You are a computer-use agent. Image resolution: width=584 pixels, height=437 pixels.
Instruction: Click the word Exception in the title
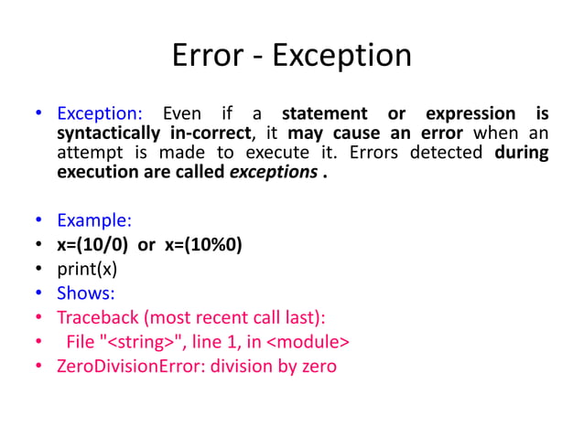[x=342, y=57]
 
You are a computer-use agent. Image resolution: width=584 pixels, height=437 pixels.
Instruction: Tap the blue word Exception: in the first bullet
[x=100, y=114]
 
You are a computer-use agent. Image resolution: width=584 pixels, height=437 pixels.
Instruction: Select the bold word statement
[x=328, y=114]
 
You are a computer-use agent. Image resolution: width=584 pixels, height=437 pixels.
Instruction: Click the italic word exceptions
[x=272, y=172]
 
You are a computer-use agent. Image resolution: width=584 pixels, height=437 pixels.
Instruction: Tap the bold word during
[x=521, y=153]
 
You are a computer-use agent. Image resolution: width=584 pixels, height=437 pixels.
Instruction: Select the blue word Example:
[x=94, y=220]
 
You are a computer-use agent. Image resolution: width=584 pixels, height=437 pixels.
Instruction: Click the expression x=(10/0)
[x=95, y=245]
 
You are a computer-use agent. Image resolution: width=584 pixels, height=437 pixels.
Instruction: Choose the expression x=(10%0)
[x=203, y=245]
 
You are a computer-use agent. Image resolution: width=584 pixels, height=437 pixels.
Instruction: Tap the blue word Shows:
[x=86, y=293]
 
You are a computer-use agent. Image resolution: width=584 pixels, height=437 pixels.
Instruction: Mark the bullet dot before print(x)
[x=38, y=270]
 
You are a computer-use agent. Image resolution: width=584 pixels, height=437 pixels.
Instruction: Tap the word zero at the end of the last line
[x=317, y=367]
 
